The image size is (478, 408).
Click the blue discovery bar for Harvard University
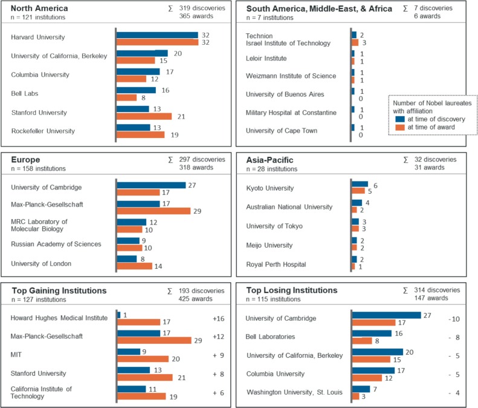(157, 35)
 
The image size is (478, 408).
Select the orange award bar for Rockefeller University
(141, 135)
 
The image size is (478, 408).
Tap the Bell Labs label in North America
(25, 93)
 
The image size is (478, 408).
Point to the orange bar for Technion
(355, 43)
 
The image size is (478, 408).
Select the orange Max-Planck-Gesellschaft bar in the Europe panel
(154, 211)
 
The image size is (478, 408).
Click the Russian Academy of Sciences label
(56, 244)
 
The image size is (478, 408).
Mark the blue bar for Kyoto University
(360, 184)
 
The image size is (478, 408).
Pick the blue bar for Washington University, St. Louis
(361, 389)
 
